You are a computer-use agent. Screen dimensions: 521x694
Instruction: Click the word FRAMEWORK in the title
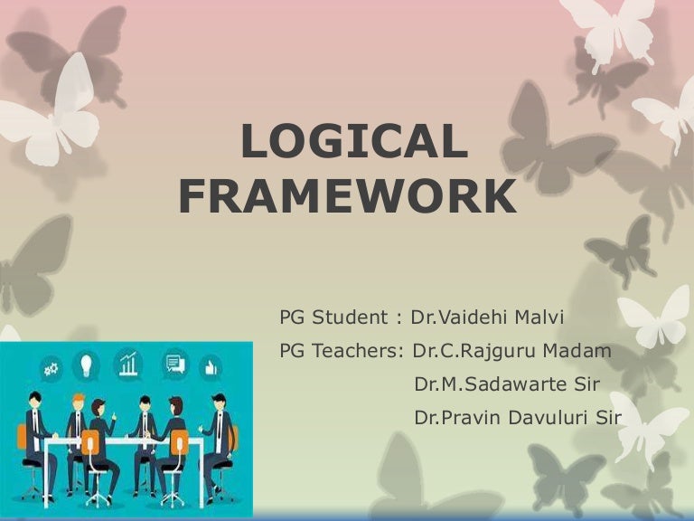point(348,198)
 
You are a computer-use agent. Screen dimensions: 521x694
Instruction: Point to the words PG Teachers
point(340,351)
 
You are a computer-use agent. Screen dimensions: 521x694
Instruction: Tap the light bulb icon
point(88,365)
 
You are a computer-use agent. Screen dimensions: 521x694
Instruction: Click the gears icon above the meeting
point(50,367)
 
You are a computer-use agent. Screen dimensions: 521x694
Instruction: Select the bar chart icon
point(129,365)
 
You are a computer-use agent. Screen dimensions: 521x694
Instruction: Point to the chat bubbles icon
point(173,365)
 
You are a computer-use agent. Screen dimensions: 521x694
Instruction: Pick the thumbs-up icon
point(211,366)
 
